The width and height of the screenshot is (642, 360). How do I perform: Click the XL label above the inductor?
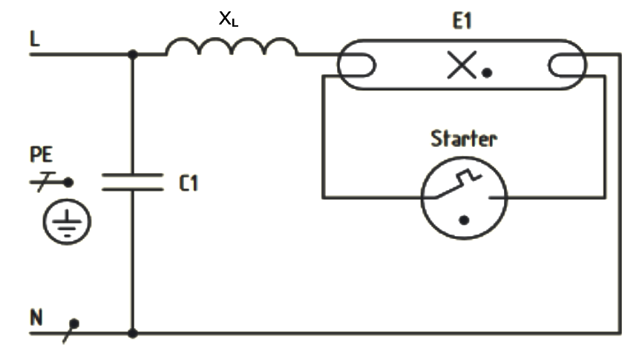pos(228,20)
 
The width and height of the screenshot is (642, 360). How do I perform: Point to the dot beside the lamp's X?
pos(487,73)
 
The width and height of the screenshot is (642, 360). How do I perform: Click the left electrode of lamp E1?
pos(355,68)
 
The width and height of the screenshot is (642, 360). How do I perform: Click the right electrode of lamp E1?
pos(568,68)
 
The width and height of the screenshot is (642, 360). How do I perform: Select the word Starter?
pos(464,139)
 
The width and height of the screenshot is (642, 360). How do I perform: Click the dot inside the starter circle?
pos(464,220)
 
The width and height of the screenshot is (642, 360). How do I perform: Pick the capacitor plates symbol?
pos(132,182)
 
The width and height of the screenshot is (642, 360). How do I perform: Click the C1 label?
pos(189,183)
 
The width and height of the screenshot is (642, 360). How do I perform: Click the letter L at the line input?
pos(34,39)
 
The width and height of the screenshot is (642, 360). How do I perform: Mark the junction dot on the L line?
pos(133,54)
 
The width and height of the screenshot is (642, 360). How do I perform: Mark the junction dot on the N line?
pos(133,333)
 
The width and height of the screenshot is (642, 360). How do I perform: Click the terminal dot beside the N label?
pos(74,323)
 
